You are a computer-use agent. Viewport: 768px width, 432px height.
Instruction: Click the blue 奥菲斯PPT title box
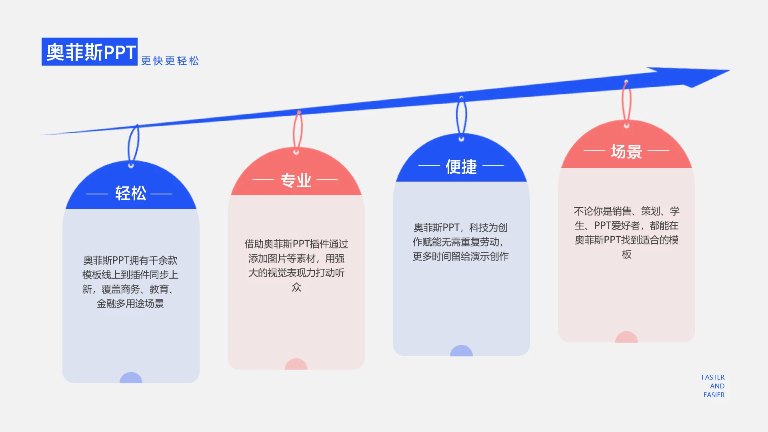90,52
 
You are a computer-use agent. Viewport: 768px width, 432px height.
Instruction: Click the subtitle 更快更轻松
170,61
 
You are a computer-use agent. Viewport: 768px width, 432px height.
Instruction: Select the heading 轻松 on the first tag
130,194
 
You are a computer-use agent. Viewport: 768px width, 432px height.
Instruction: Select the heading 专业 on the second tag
296,180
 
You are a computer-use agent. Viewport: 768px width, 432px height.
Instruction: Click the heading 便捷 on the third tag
461,167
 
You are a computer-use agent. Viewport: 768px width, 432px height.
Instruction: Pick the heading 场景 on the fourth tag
626,152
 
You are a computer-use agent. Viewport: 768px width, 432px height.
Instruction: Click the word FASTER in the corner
713,377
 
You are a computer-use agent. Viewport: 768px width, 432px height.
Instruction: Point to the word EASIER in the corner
714,395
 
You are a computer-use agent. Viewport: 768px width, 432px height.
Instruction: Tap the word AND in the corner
717,386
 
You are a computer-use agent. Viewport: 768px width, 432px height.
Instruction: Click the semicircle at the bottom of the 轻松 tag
131,378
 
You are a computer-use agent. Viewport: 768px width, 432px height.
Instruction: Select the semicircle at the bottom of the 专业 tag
296,364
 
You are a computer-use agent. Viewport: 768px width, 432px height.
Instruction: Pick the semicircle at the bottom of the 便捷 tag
461,351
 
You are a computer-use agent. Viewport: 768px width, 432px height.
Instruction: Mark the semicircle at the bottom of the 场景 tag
626,337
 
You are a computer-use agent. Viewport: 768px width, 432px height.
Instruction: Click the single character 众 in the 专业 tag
296,287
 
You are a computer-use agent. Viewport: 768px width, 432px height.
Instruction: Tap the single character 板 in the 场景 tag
626,254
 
